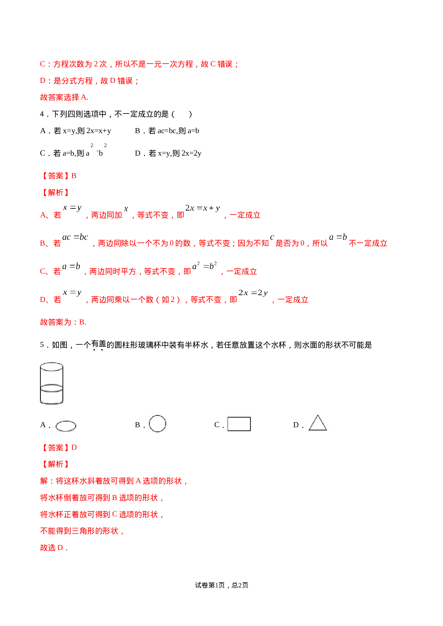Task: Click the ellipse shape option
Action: [x=66, y=425]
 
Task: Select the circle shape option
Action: [x=158, y=424]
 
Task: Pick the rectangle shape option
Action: [x=239, y=423]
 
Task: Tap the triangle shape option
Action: [x=318, y=424]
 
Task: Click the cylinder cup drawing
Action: [x=51, y=383]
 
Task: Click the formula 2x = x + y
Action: [x=203, y=208]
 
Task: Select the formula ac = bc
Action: [x=75, y=237]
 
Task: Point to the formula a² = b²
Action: [x=204, y=266]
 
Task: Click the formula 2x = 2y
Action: [x=253, y=293]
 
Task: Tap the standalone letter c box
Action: [x=272, y=237]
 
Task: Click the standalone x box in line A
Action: [x=126, y=209]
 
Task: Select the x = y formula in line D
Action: [x=72, y=293]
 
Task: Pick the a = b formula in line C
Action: [x=71, y=266]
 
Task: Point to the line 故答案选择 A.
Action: [x=64, y=97]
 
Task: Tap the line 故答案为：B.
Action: [x=63, y=322]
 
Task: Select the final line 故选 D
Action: [x=54, y=548]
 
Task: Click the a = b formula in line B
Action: [x=338, y=237]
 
